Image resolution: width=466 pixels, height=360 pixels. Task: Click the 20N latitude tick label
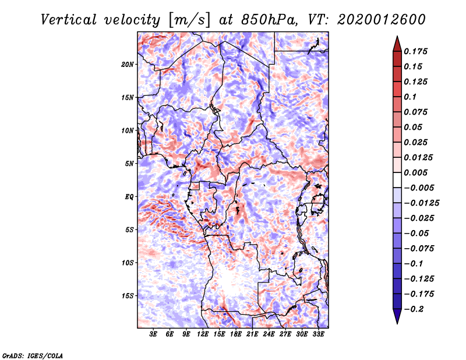(128, 64)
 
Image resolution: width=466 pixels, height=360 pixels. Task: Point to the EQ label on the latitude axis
(129, 196)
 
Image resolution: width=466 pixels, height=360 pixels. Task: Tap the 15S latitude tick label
(128, 295)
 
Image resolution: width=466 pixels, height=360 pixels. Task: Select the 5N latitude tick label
(129, 163)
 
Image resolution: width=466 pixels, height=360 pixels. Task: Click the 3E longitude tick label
(153, 335)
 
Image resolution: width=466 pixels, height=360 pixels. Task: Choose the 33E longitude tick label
(318, 335)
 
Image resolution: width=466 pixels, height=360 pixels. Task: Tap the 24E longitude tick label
(269, 335)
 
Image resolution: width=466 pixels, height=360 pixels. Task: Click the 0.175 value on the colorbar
(417, 51)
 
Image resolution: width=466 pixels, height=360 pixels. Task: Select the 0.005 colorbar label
(417, 172)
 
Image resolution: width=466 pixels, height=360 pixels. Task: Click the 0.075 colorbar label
(417, 112)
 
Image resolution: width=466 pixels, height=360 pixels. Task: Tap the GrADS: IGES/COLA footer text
(32, 355)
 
